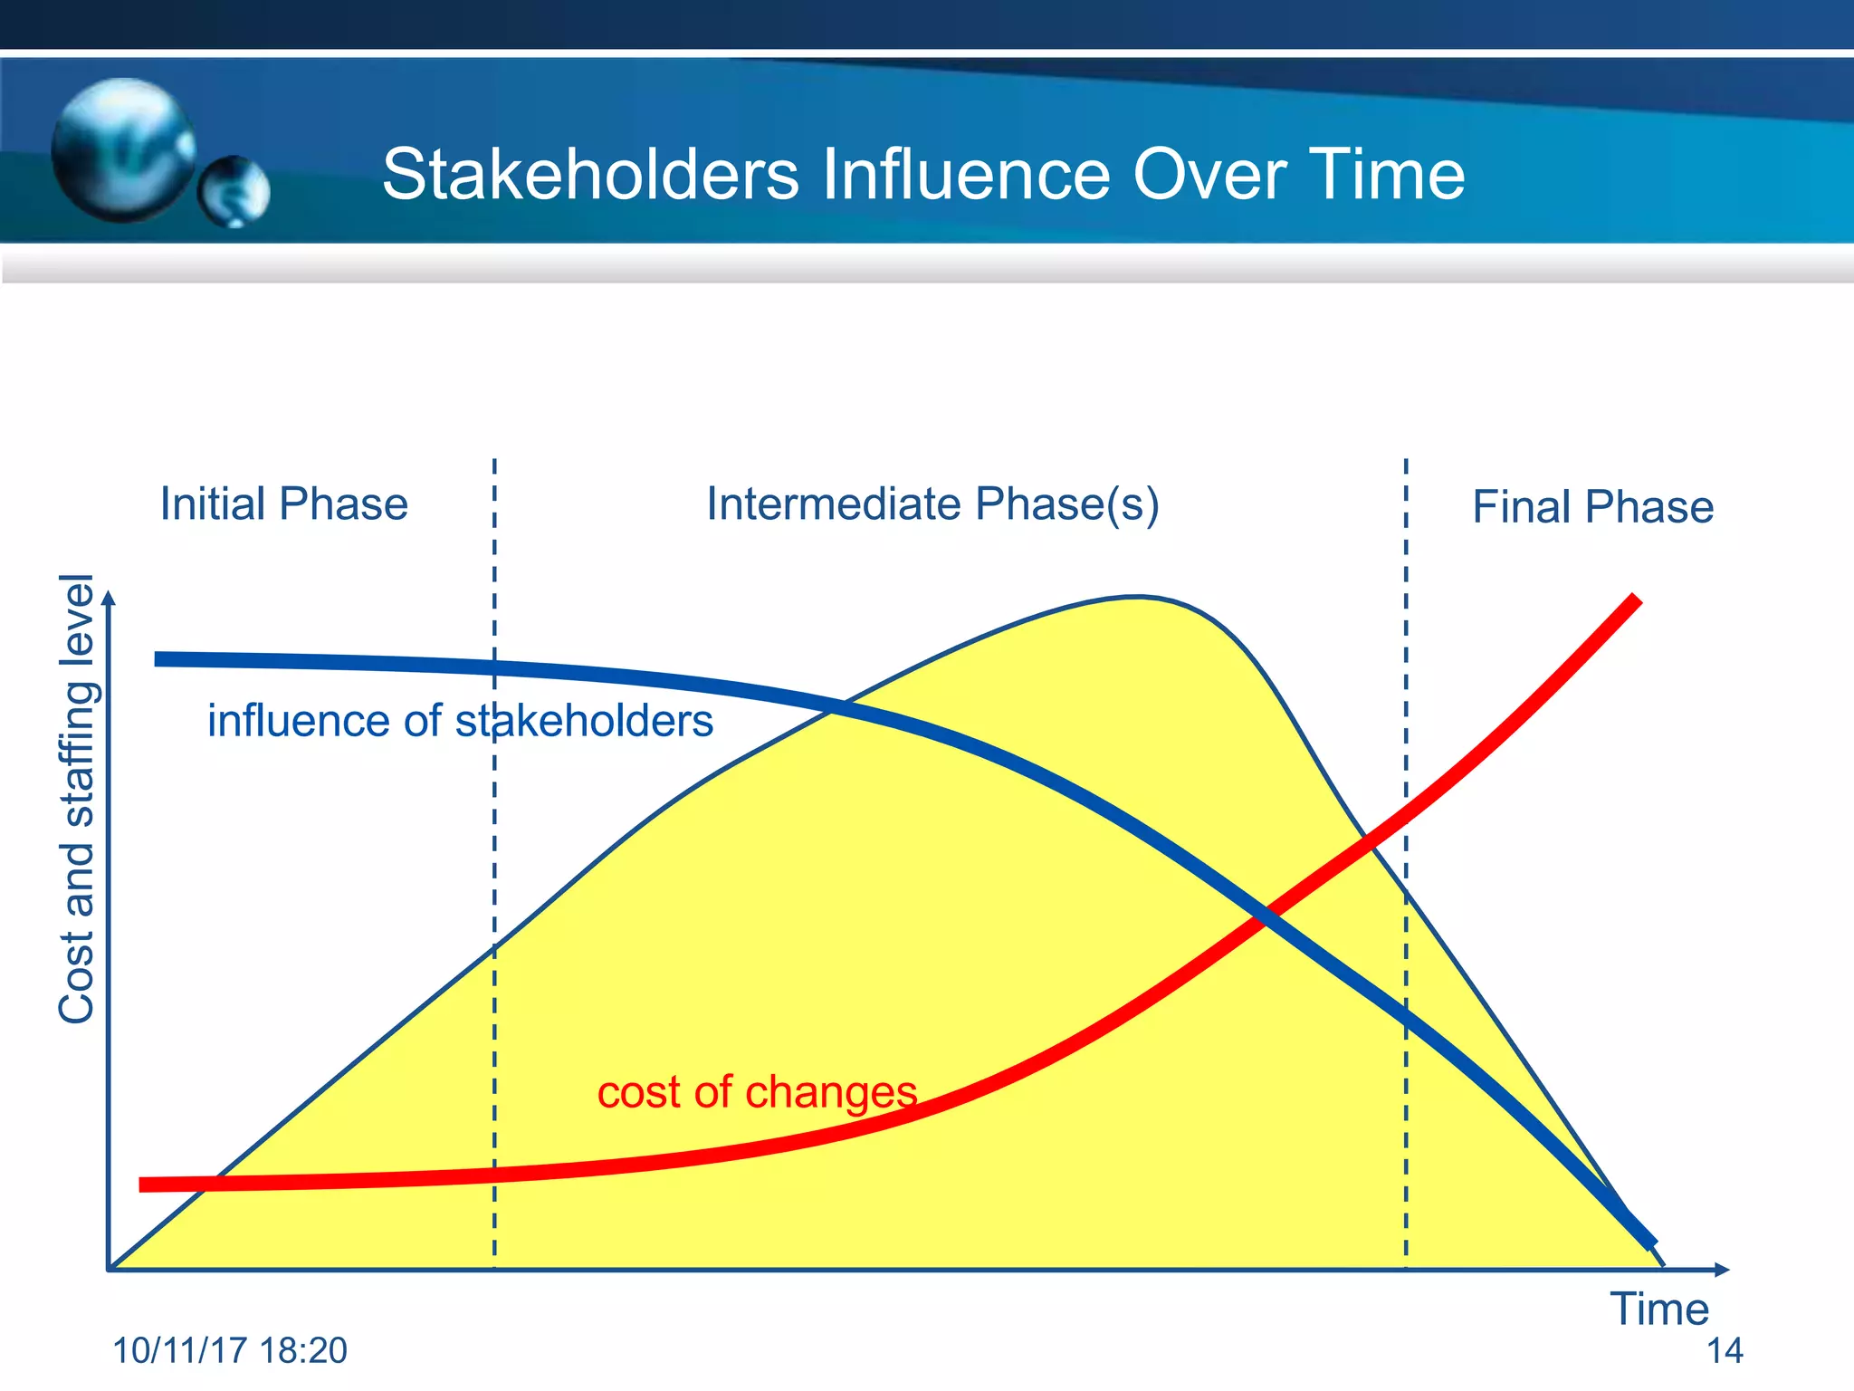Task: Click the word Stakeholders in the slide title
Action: coord(590,174)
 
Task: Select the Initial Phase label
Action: coord(283,504)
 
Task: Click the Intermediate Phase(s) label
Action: coord(932,504)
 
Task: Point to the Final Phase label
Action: coord(1592,507)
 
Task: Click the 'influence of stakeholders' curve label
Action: coord(460,721)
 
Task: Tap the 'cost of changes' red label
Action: coord(757,1091)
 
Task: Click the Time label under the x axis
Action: coord(1658,1309)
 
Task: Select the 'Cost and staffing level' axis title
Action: coord(76,799)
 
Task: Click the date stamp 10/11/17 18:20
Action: coord(230,1350)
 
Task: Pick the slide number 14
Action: coord(1724,1350)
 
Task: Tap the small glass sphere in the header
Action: coord(234,191)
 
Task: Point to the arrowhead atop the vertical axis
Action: coord(109,597)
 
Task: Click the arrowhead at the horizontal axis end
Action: coord(1722,1270)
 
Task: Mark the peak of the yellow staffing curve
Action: coord(1137,597)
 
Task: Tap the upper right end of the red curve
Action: coord(1635,600)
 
